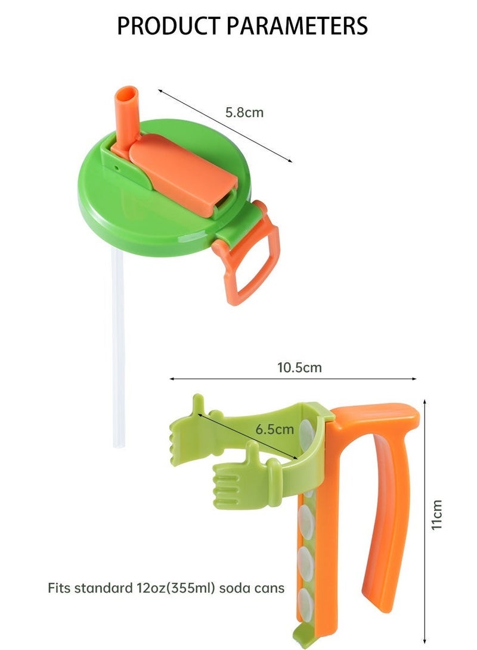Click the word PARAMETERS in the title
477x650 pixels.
[x=297, y=26]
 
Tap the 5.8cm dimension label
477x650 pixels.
[x=244, y=112]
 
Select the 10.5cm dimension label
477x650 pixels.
[x=299, y=367]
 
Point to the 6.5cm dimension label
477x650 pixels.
[x=274, y=429]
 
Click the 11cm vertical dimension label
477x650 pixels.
[x=436, y=514]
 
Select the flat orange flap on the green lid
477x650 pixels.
[x=182, y=174]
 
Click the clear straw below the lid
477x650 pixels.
[x=118, y=348]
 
